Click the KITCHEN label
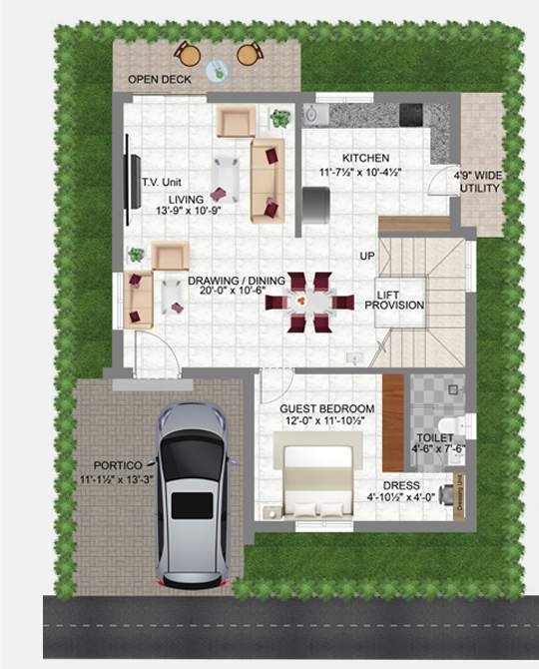coord(365,159)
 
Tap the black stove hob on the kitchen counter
coord(410,114)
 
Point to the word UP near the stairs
coord(367,257)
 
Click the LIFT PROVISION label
coord(400,300)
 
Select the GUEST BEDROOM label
coord(326,409)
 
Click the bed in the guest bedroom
coord(317,479)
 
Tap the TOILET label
coord(435,438)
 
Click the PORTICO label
coord(120,465)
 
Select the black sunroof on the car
coord(192,505)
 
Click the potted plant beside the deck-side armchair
coord(280,118)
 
